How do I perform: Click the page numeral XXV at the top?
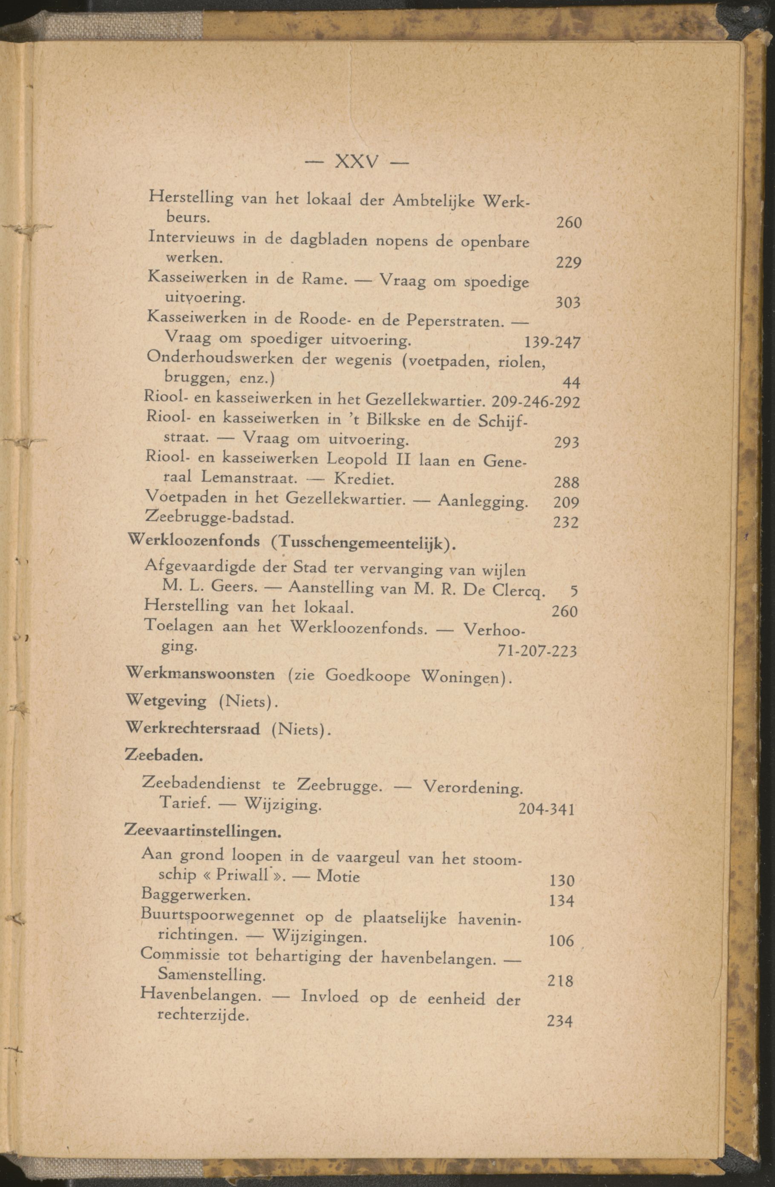point(357,161)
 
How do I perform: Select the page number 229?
point(568,262)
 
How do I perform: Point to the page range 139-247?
point(552,343)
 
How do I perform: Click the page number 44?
point(571,383)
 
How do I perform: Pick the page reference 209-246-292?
point(536,401)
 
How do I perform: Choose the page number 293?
point(567,442)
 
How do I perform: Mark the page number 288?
point(567,482)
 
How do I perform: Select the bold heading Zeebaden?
point(163,756)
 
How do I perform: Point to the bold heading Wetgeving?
point(167,701)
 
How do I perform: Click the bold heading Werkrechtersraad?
point(193,729)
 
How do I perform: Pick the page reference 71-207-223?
point(537,651)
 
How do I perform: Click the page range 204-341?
point(547,809)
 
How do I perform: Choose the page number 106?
point(561,941)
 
